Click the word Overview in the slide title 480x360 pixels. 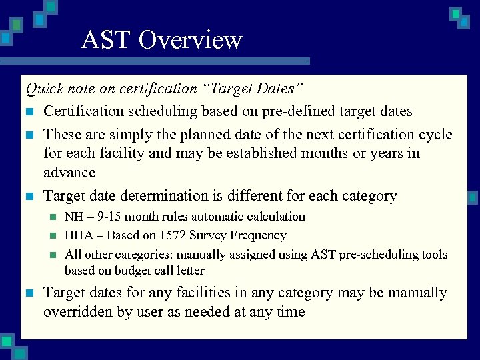click(190, 40)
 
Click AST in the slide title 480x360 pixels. click(107, 40)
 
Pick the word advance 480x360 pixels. click(69, 172)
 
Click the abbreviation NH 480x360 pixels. click(73, 217)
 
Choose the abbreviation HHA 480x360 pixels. click(77, 235)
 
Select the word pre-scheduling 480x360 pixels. click(385, 255)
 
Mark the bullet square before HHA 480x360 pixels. click(53, 235)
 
